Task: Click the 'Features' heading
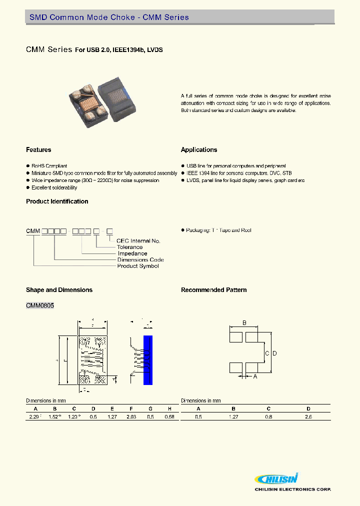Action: point(38,150)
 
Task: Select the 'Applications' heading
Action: point(199,150)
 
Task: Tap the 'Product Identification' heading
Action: point(57,201)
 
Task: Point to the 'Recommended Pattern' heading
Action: point(213,290)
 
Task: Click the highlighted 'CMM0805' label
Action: point(39,305)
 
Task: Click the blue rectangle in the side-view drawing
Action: point(147,360)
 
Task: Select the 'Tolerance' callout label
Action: point(129,247)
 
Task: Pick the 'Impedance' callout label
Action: point(132,253)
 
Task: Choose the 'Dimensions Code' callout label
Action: point(140,260)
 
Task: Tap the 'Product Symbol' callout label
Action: point(137,266)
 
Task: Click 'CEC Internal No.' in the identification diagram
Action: point(138,241)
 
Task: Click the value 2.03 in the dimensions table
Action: point(131,416)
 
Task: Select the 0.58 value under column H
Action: point(170,416)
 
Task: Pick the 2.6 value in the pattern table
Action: point(308,416)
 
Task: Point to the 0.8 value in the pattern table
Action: point(269,416)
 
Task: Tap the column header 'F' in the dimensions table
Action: point(131,408)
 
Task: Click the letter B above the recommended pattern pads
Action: point(244,323)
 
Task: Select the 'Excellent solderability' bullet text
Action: point(54,187)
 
